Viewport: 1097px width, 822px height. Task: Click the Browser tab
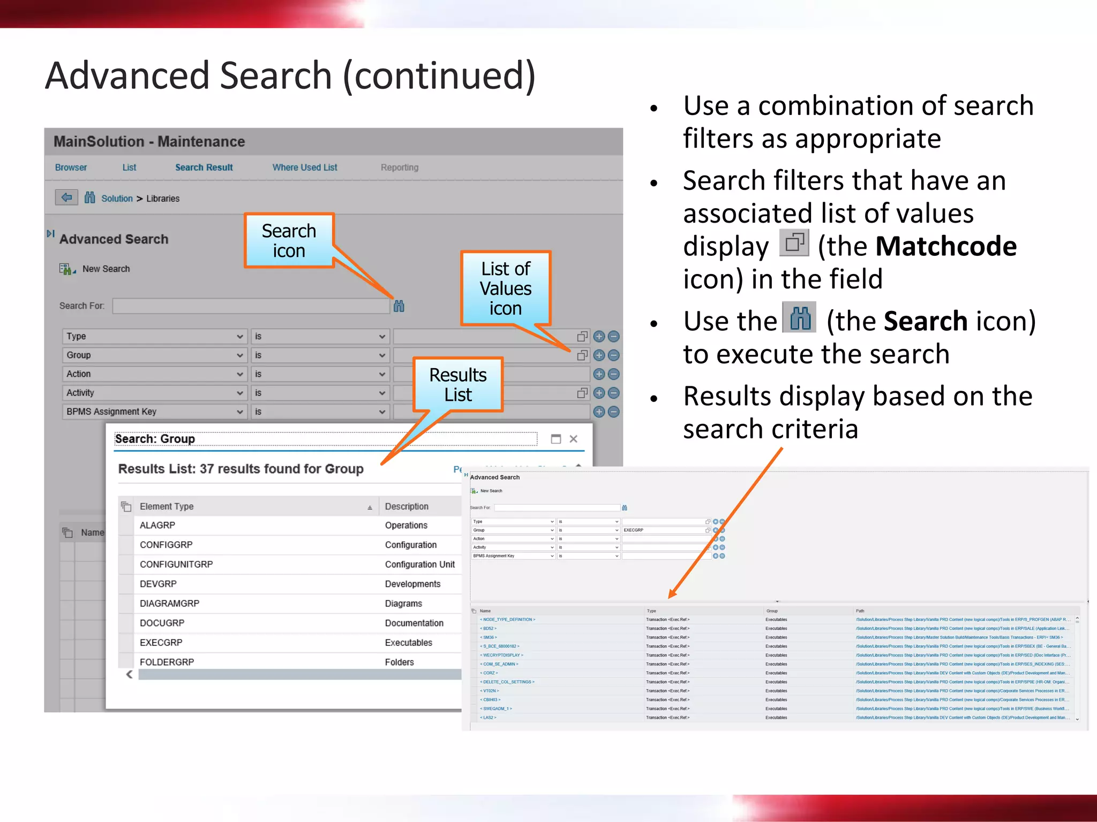(x=71, y=168)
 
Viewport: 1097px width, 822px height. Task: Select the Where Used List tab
(x=304, y=168)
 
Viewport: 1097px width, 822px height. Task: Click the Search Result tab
(x=204, y=168)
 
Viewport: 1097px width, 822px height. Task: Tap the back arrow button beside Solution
(x=66, y=197)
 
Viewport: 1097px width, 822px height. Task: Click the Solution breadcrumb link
(x=117, y=199)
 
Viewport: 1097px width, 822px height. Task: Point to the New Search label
(x=106, y=269)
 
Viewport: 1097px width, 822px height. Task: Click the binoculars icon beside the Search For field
(x=399, y=306)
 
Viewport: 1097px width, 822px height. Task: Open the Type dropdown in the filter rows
(x=154, y=336)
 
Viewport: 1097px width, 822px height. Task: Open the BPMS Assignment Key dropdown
(x=154, y=412)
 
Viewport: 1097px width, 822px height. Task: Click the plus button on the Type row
(x=599, y=336)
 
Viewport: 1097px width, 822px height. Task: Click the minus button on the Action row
(x=614, y=374)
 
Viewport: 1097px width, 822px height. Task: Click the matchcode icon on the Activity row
(x=582, y=393)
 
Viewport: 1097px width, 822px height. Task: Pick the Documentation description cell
(x=414, y=623)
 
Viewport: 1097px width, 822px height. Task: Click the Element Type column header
(x=167, y=506)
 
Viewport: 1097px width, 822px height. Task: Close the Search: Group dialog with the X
(x=574, y=439)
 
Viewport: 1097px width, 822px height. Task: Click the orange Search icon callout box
(x=289, y=241)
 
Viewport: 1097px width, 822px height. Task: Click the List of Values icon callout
(x=506, y=288)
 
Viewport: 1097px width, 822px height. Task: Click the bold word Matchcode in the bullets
(x=946, y=247)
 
